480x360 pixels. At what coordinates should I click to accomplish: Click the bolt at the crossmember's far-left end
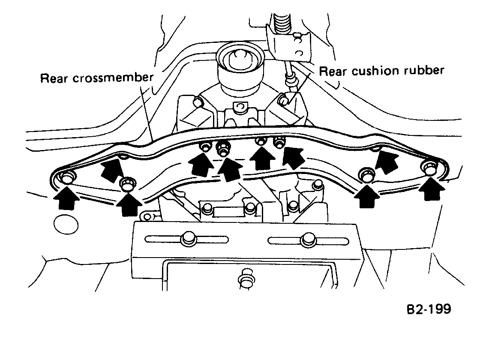(x=67, y=177)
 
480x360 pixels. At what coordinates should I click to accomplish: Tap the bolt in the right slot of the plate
(x=307, y=240)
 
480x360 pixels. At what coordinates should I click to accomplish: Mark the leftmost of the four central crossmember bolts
(x=206, y=147)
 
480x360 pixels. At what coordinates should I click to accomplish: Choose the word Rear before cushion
(x=333, y=71)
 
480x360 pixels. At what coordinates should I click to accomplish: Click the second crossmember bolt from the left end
(x=127, y=184)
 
